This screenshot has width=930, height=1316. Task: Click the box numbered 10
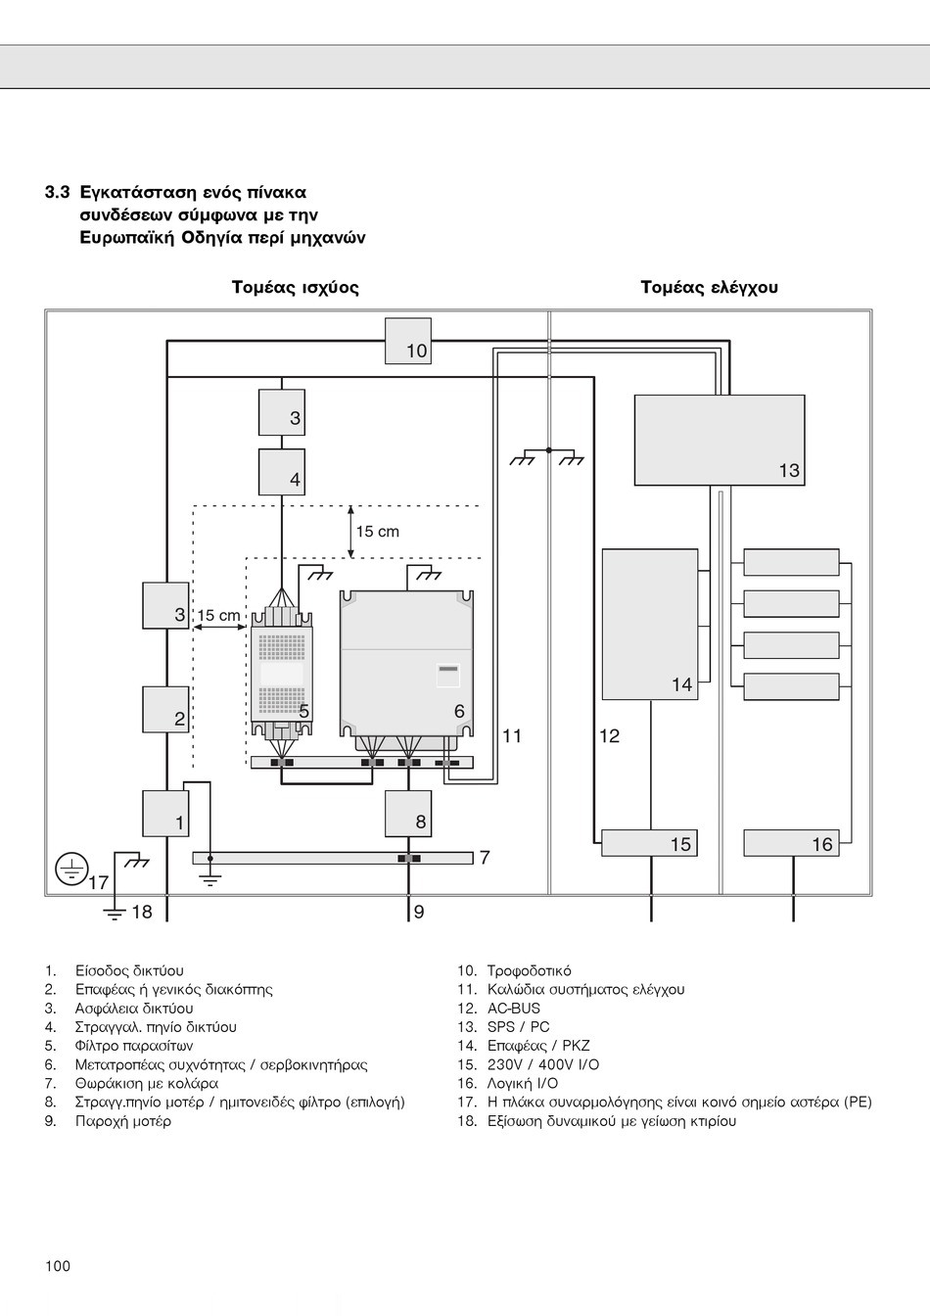coord(407,341)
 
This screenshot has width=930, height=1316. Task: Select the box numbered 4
coord(281,472)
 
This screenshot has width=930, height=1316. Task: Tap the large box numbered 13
coord(720,440)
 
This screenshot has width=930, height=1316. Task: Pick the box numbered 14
coord(650,624)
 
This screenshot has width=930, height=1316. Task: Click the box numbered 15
coord(650,842)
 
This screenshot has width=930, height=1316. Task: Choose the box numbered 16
coord(791,842)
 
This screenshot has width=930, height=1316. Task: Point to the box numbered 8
coord(407,814)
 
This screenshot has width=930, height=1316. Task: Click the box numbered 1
coord(165,814)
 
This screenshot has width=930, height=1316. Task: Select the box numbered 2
coord(165,709)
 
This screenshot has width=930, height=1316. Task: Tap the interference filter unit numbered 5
coord(281,674)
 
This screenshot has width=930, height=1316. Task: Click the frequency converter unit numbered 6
coord(406,664)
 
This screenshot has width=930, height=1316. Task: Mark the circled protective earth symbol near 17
coord(71,869)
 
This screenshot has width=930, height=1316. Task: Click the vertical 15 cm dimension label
coord(377,532)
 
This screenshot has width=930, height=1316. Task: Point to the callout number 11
coord(512,736)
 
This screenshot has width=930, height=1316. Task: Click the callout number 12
coord(609,736)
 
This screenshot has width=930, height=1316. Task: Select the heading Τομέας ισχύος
coord(295,287)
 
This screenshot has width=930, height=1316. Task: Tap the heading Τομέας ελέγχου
coord(709,287)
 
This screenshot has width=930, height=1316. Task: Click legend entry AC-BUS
coord(514,1009)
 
